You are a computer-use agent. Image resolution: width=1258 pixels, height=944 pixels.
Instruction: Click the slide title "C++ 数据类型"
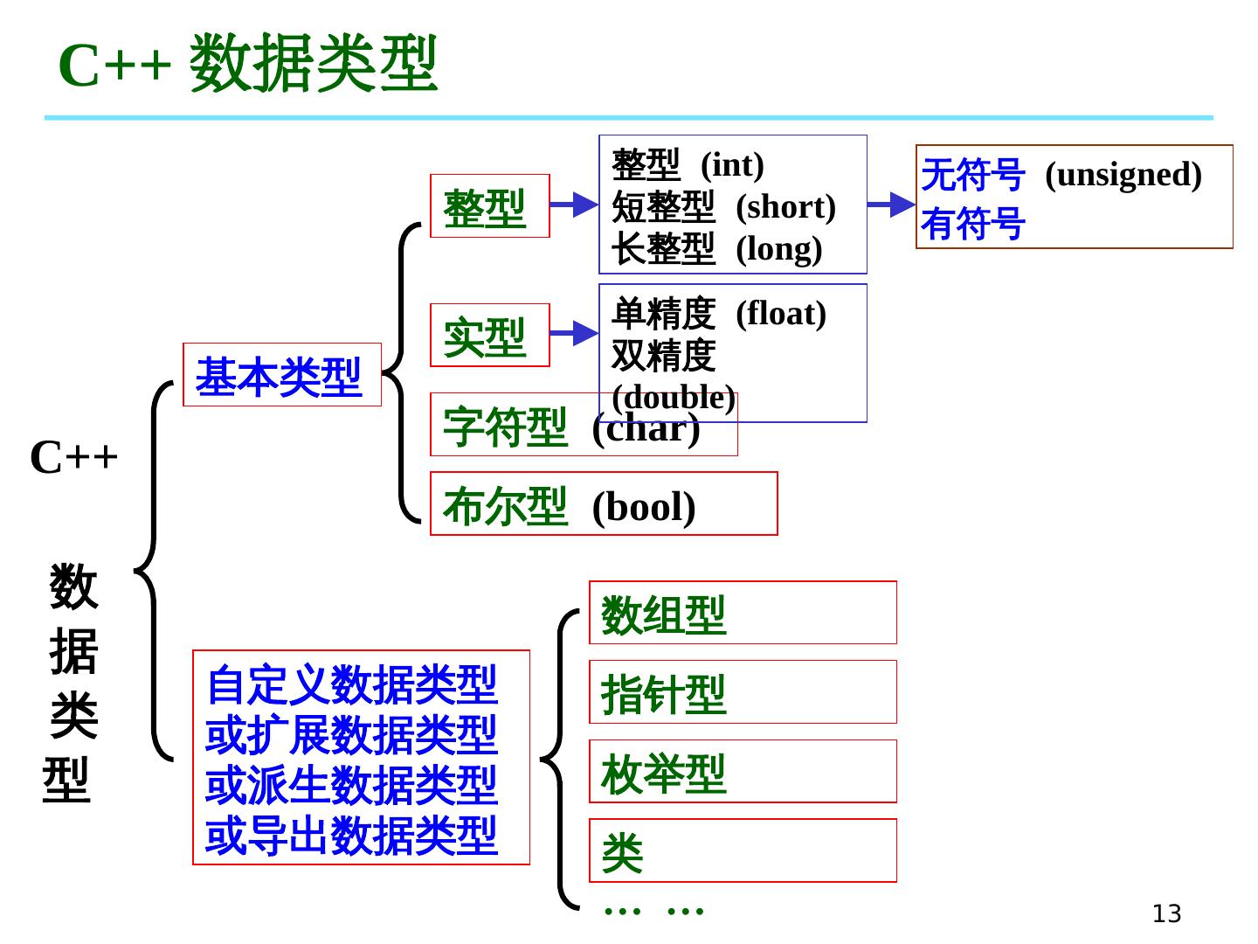tap(247, 64)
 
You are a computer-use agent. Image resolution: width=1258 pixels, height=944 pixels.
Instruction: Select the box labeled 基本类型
tap(281, 375)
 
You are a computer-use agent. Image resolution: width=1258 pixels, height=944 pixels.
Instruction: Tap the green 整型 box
tap(489, 206)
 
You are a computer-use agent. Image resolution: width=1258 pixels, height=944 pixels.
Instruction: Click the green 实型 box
tap(489, 335)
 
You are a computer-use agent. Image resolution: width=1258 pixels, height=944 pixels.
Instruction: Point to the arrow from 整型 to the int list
tap(574, 205)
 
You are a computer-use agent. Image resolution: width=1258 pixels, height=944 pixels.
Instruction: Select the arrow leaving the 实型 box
tap(574, 333)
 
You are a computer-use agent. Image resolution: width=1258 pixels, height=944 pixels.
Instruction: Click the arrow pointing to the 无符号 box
tap(891, 205)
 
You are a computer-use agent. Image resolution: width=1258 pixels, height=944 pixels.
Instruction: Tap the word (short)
tap(785, 207)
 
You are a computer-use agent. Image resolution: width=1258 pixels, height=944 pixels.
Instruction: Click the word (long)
tap(778, 249)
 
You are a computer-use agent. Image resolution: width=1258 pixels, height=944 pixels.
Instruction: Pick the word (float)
tap(780, 314)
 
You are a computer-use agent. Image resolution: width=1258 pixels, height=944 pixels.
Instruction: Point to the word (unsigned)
tap(1123, 175)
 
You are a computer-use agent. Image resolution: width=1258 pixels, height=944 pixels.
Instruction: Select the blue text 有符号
tap(972, 224)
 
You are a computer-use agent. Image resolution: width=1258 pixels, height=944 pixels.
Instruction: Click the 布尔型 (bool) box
tap(603, 503)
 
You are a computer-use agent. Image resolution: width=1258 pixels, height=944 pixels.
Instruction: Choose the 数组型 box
tap(742, 613)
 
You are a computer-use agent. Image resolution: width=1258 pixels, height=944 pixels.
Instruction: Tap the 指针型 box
tap(742, 692)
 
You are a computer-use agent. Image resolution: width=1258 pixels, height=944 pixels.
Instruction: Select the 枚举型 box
tap(742, 771)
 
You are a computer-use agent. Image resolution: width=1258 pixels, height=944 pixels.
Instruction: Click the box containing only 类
tap(742, 850)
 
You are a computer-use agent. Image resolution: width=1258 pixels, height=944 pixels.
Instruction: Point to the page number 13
tap(1166, 913)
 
